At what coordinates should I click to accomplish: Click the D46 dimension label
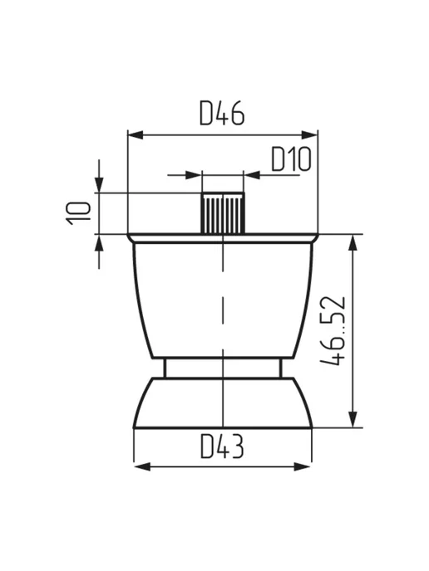[x=222, y=113]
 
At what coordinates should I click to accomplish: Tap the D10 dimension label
[x=291, y=159]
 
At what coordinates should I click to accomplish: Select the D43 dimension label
[x=222, y=447]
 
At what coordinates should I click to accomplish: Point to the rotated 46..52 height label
[x=333, y=330]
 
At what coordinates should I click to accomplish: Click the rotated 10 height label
[x=77, y=213]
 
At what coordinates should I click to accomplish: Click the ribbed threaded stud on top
[x=223, y=213]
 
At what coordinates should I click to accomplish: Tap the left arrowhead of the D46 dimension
[x=135, y=135]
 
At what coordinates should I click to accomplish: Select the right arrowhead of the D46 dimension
[x=310, y=135]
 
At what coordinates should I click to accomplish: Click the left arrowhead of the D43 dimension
[x=142, y=466]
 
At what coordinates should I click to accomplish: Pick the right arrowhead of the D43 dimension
[x=304, y=466]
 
